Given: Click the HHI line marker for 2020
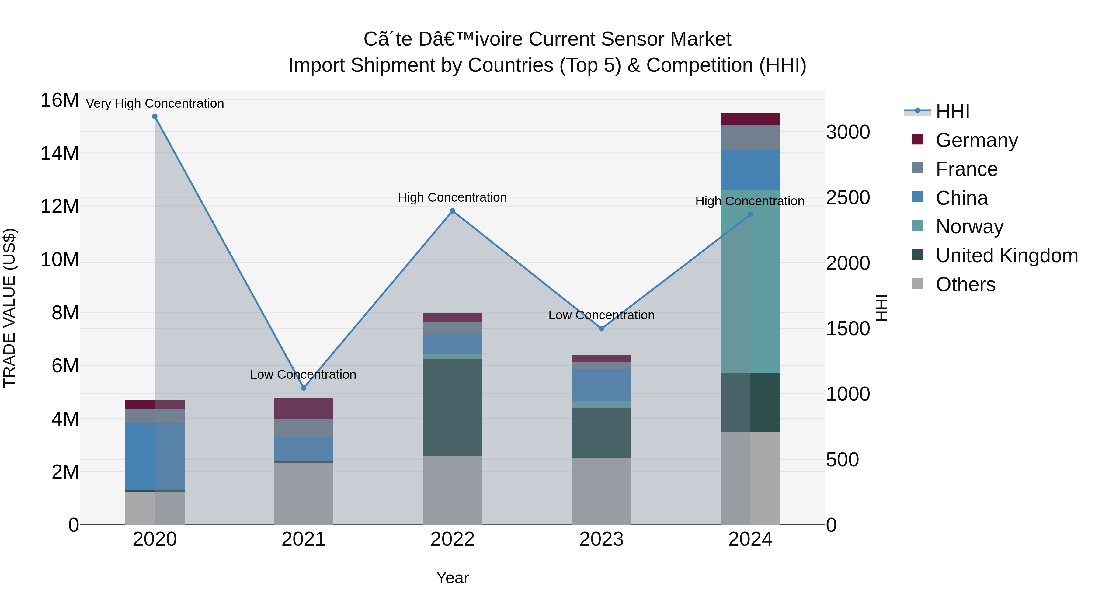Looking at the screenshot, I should [155, 117].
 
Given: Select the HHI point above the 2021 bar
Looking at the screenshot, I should [304, 388].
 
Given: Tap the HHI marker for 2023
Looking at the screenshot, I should [601, 328].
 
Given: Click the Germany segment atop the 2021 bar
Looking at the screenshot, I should [304, 408].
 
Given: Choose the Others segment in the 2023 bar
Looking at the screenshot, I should [601, 491].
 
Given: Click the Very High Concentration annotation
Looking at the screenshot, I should [155, 103].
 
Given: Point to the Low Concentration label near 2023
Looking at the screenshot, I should [601, 315].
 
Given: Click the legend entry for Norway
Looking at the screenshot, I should [969, 227].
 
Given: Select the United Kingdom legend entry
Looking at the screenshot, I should [1006, 256].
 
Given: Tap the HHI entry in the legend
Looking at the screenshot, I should [952, 111].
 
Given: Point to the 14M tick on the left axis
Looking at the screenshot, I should [60, 153].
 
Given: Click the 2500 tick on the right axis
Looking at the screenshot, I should [848, 198].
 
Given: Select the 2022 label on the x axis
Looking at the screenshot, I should [452, 539].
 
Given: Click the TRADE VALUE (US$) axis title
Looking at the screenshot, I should [9, 308].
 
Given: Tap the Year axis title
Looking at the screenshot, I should [452, 578].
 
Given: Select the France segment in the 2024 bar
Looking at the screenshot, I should [750, 137].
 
